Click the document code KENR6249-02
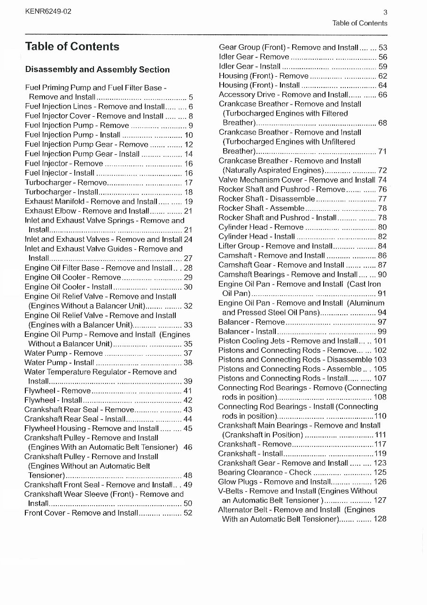[49, 12]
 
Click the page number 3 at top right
[385, 13]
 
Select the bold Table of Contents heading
[72, 47]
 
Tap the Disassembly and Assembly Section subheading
[97, 70]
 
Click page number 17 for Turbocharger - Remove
[188, 183]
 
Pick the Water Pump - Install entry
[60, 362]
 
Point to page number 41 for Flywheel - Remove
[188, 390]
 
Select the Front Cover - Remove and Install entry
[81, 513]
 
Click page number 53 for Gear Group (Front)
[382, 48]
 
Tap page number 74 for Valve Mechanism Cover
[382, 180]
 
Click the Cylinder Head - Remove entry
[261, 227]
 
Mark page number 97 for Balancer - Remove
[382, 322]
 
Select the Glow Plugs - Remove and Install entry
[274, 482]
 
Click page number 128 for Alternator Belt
[380, 519]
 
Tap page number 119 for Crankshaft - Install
[380, 454]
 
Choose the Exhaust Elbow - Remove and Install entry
[87, 211]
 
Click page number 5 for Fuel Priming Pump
[191, 97]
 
